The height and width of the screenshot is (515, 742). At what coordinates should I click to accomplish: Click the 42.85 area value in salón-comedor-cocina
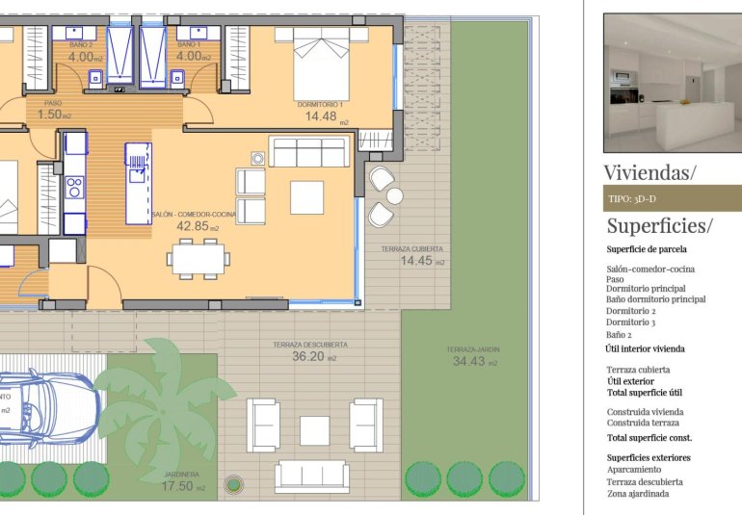point(193,227)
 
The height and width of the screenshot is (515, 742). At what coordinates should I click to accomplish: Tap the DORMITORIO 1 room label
point(320,103)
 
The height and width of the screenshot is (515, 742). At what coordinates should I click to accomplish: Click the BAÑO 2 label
point(81,45)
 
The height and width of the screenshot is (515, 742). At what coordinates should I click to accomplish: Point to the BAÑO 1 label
point(188,45)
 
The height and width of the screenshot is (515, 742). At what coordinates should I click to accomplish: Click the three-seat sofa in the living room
point(308,152)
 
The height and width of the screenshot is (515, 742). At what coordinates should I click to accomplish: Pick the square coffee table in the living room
point(306,197)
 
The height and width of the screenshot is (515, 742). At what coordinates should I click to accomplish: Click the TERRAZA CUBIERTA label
point(411,249)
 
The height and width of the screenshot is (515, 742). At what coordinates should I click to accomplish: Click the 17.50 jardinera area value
point(179,487)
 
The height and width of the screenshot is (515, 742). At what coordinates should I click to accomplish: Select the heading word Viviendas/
point(649,173)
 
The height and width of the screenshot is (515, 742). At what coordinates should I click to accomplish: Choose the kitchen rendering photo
point(672,83)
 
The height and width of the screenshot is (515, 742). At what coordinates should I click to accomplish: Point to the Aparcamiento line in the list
point(640,470)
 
